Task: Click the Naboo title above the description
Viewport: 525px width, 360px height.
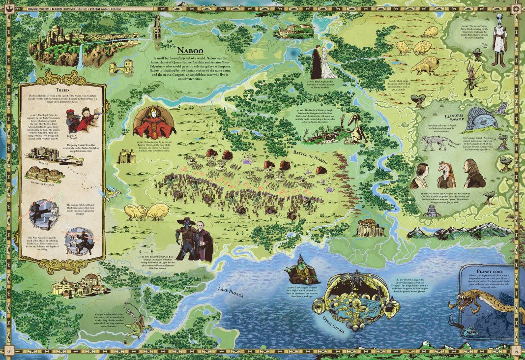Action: (188, 50)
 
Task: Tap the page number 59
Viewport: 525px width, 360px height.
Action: (516, 351)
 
